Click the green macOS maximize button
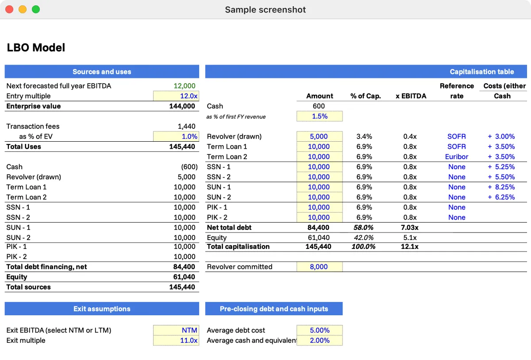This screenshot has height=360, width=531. click(36, 9)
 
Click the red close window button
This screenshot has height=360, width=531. click(9, 9)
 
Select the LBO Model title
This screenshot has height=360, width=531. click(36, 48)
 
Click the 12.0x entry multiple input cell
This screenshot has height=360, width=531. click(176, 96)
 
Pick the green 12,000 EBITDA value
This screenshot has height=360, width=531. click(185, 86)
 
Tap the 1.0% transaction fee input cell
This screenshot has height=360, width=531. click(176, 136)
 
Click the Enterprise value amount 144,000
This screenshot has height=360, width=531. click(182, 106)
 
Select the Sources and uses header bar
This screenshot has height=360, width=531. click(102, 72)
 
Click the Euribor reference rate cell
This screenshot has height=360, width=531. click(456, 157)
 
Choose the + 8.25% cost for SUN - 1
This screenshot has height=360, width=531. click(501, 187)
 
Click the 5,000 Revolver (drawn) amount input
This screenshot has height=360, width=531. click(319, 136)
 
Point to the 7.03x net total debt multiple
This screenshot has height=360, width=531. click(409, 228)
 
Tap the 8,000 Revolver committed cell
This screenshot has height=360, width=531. click(319, 267)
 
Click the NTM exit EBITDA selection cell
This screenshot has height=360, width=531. click(176, 330)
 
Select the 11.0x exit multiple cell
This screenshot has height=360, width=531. click(176, 341)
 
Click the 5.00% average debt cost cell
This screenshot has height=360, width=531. click(319, 330)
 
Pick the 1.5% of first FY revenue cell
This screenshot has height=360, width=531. click(319, 116)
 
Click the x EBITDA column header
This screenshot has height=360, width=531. click(411, 96)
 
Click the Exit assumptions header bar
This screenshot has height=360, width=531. click(102, 309)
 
